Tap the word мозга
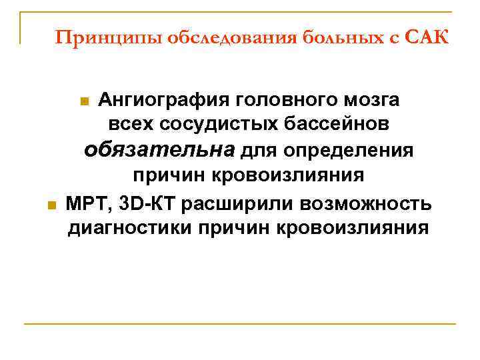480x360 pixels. click(372, 101)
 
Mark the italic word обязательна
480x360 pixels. click(159, 150)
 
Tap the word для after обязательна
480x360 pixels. click(259, 151)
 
